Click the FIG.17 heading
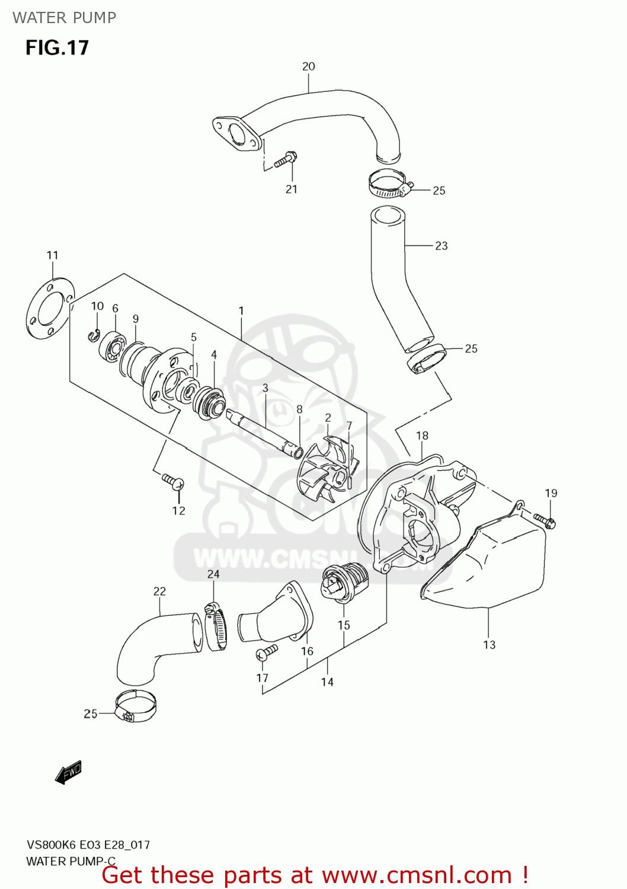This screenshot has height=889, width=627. pyautogui.click(x=57, y=47)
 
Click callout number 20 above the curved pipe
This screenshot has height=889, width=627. pyautogui.click(x=308, y=66)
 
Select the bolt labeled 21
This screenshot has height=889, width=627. pyautogui.click(x=286, y=159)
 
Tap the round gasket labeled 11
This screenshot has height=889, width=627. pyautogui.click(x=50, y=308)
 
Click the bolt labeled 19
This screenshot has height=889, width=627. pyautogui.click(x=544, y=520)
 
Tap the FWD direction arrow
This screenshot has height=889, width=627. pyautogui.click(x=68, y=773)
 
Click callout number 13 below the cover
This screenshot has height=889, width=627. pyautogui.click(x=489, y=645)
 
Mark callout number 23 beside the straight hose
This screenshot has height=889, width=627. pyautogui.click(x=441, y=245)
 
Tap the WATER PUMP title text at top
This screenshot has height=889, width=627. pyautogui.click(x=64, y=18)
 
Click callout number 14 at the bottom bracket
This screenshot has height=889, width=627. pyautogui.click(x=327, y=682)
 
